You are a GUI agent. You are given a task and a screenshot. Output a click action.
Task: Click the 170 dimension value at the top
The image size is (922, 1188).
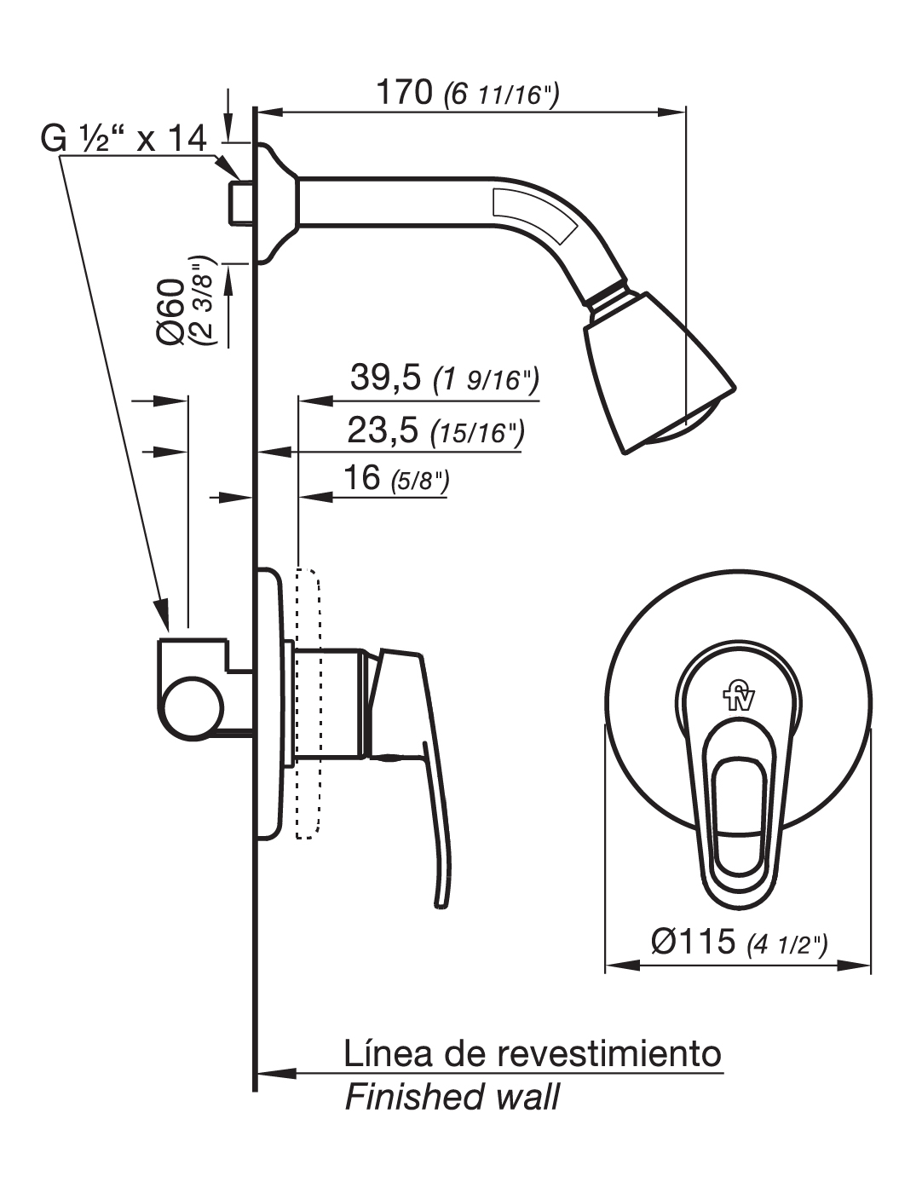404,91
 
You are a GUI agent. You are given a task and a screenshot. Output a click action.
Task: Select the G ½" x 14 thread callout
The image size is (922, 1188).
124,137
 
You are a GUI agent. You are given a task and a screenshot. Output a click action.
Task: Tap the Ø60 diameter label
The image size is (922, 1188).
171,311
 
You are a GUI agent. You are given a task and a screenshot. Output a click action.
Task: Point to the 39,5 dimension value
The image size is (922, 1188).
385,378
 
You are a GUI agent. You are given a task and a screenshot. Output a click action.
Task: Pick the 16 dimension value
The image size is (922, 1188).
360,478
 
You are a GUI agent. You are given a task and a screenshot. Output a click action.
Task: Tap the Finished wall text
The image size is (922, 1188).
452,1096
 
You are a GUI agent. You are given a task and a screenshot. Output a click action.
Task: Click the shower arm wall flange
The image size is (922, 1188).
274,204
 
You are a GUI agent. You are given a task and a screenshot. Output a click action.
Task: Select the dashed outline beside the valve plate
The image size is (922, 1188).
308,702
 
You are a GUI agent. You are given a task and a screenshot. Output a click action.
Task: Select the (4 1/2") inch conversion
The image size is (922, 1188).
787,944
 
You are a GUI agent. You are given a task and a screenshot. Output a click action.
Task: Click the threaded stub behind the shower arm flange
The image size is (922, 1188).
242,203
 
